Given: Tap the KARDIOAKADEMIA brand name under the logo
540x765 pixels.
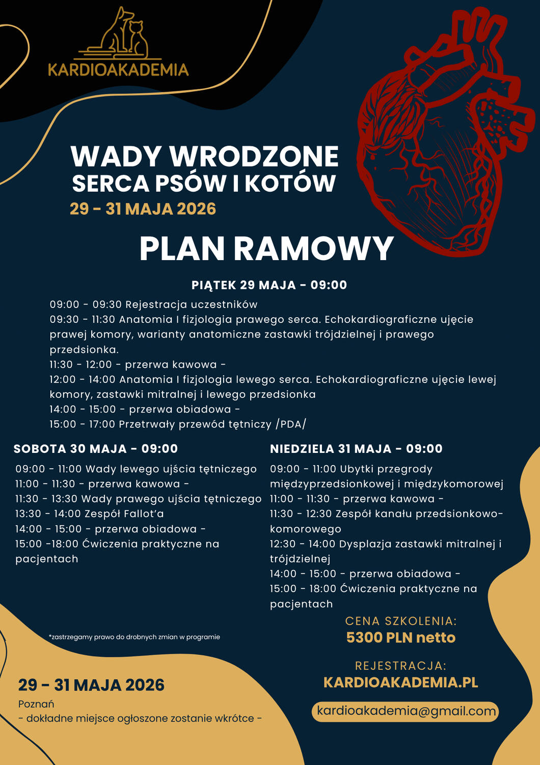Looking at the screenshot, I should pos(118,69).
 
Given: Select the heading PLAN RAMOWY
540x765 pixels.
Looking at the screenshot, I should pos(266,248).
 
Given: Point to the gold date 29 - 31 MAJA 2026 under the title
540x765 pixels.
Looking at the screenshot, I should pos(143,209).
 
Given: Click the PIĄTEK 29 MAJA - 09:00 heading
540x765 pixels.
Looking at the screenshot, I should pos(269,285).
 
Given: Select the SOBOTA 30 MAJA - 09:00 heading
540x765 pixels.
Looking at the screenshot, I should pos(96,449).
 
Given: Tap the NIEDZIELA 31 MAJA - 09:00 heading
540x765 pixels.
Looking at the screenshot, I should pos(356,449).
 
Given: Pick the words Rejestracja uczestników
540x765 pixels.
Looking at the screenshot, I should pos(192,304).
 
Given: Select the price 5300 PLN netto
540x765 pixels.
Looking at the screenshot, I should pos(401,637).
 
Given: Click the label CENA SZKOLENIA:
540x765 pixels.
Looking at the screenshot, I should pos(401,621).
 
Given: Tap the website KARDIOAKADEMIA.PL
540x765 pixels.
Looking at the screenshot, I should pos(401,682).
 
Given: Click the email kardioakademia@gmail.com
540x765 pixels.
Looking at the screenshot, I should pos(406,711).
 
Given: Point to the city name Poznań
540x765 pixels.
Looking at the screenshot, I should pos(36,704).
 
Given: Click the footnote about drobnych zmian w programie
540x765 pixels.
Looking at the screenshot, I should pos(134,637).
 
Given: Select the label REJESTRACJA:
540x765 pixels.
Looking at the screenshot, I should pos(401,666).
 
